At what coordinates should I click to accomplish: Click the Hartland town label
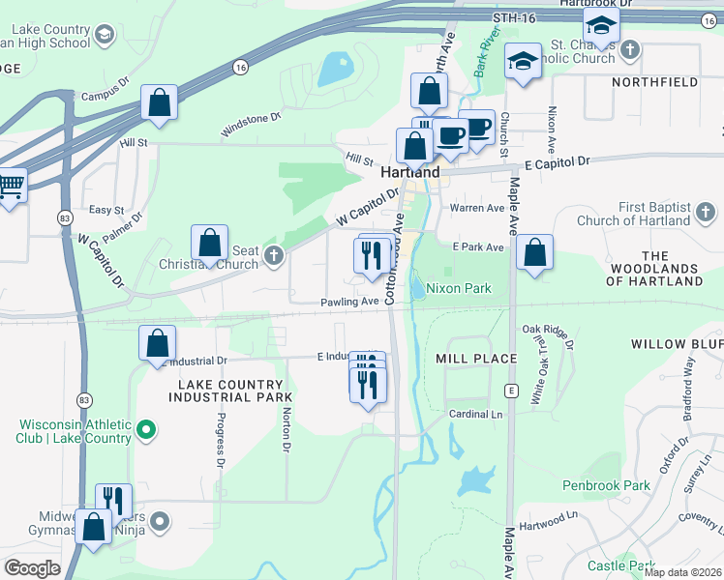[x=410, y=172]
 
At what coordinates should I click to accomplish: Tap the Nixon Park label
[x=459, y=288]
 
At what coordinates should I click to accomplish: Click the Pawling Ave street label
[x=349, y=302]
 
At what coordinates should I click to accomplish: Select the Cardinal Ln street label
[x=477, y=414]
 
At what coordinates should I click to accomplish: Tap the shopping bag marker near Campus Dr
[x=159, y=101]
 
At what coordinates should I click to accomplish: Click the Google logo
[x=32, y=568]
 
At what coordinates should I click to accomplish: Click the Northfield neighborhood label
[x=654, y=82]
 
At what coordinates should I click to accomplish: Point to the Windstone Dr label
[x=251, y=123]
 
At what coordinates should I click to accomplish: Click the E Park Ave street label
[x=477, y=247]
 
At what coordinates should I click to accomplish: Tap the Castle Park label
[x=620, y=565]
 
